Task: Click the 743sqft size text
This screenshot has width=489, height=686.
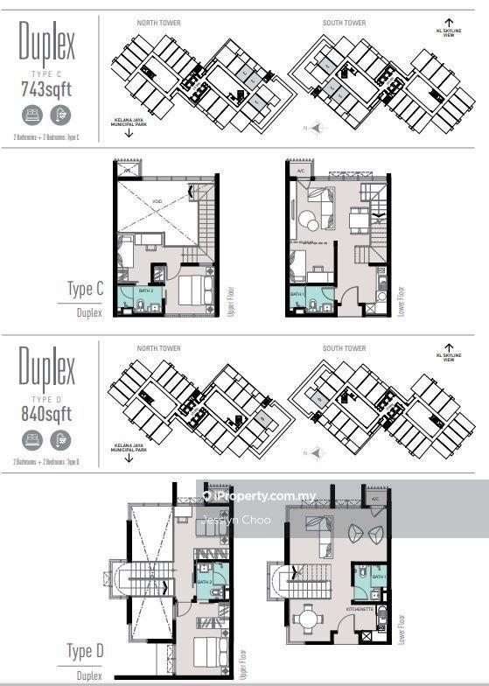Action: (46, 87)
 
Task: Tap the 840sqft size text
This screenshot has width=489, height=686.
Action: (46, 413)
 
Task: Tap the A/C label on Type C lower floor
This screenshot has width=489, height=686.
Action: (301, 171)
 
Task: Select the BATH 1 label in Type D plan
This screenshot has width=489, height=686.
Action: (378, 577)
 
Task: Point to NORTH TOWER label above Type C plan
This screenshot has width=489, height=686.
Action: (158, 22)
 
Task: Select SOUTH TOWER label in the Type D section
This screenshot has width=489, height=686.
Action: (344, 348)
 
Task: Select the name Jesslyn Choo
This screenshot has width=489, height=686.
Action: (236, 520)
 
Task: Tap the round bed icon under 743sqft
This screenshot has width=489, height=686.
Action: (33, 115)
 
